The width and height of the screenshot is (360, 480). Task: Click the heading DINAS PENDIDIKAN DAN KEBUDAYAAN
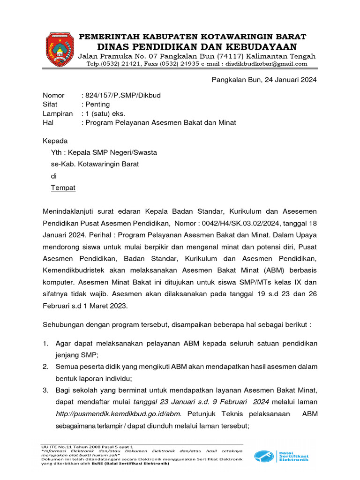(197, 46)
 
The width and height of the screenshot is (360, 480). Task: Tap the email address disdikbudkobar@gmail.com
(267, 64)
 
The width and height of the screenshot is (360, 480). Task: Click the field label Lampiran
(58, 113)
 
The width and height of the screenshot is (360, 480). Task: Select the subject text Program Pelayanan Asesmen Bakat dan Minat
(160, 123)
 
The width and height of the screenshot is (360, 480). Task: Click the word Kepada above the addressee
(55, 141)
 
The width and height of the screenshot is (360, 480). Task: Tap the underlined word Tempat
(63, 188)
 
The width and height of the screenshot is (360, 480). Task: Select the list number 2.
(45, 366)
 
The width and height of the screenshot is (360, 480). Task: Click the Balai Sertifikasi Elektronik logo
(281, 456)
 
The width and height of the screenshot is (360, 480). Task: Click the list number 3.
(45, 390)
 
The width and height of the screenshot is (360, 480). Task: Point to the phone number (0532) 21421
(129, 64)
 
